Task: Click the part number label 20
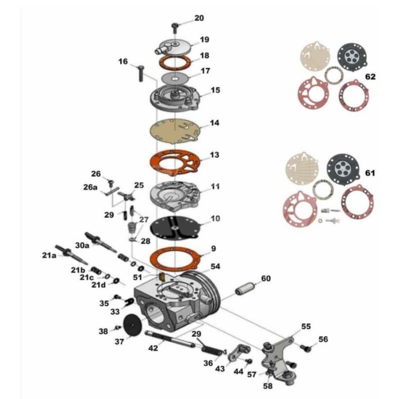pyautogui.click(x=199, y=18)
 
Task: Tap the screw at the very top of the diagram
pyautogui.click(x=175, y=28)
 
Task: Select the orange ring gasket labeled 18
pyautogui.click(x=175, y=62)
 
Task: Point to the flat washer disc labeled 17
pyautogui.click(x=175, y=78)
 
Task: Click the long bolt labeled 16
pyautogui.click(x=141, y=73)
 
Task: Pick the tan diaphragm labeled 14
pyautogui.click(x=175, y=130)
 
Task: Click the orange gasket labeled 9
pyautogui.click(x=175, y=259)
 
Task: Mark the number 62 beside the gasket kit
pyautogui.click(x=370, y=76)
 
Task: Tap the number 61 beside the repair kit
pyautogui.click(x=370, y=173)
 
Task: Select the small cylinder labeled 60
pyautogui.click(x=244, y=289)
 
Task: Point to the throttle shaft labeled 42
pyautogui.click(x=170, y=339)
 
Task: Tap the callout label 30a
pyautogui.click(x=82, y=245)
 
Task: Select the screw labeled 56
pyautogui.click(x=306, y=348)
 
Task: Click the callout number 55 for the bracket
pyautogui.click(x=306, y=326)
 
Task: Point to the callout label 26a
pyautogui.click(x=90, y=187)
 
